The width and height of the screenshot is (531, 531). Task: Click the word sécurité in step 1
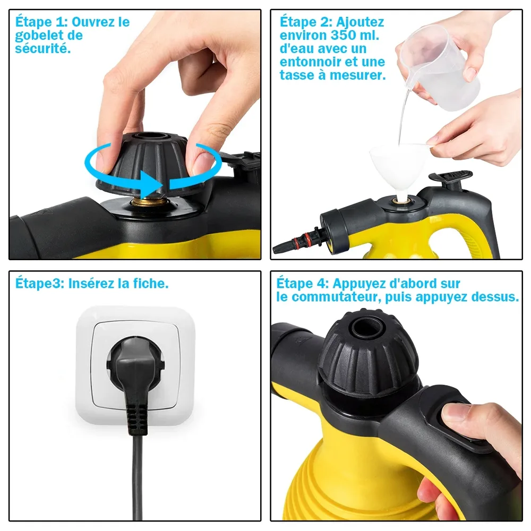43,49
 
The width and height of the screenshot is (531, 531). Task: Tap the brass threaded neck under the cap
149,202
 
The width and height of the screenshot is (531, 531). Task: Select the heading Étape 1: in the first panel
41,22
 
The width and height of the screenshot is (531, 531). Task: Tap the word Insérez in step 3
91,284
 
